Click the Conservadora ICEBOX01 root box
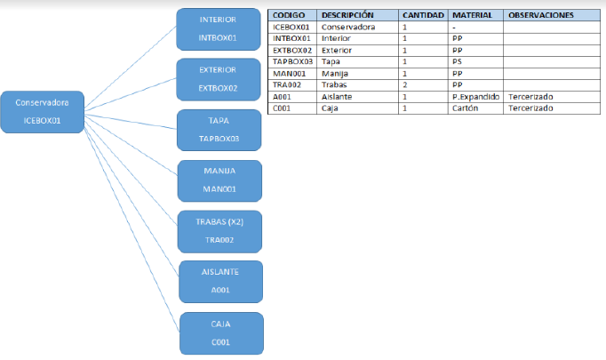coord(43,112)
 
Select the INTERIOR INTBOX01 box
coord(219,29)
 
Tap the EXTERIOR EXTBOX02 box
coord(219,80)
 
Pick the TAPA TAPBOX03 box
coord(219,131)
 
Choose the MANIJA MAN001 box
coord(219,181)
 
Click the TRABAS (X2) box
coord(219,232)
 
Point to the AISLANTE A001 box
coord(220,282)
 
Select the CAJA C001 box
coord(221,333)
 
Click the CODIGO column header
coord(289,15)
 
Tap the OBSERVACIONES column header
coord(540,15)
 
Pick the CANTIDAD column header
coord(423,15)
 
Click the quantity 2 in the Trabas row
coord(404,84)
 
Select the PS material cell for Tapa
coord(457,61)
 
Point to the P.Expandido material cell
coord(475,97)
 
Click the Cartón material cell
coord(466,108)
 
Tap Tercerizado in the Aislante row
coord(530,97)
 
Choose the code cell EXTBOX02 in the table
coord(292,51)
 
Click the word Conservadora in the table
coord(348,27)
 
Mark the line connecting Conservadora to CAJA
coord(132,231)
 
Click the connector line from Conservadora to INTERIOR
coord(131,67)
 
